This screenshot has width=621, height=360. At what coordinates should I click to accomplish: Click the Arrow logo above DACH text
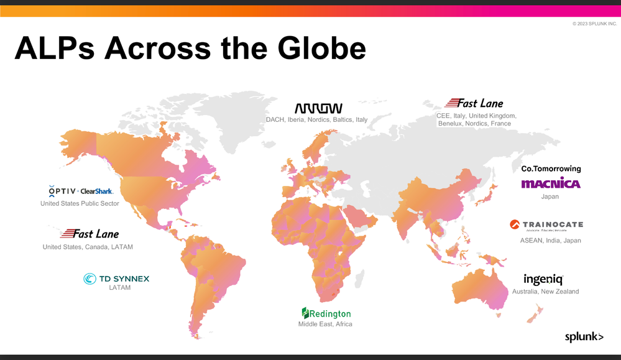pyautogui.click(x=318, y=108)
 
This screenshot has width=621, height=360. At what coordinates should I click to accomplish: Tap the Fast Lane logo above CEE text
pyautogui.click(x=474, y=103)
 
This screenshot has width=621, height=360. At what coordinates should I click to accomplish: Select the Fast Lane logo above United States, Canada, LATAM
pyautogui.click(x=90, y=234)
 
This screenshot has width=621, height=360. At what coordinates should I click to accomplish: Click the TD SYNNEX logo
pyautogui.click(x=116, y=279)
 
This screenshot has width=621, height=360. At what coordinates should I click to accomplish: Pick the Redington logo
pyautogui.click(x=326, y=313)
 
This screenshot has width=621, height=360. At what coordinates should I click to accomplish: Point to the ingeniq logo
pyautogui.click(x=543, y=279)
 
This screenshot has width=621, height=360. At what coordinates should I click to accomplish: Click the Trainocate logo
pyautogui.click(x=546, y=224)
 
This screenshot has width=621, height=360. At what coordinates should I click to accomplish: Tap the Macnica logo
pyautogui.click(x=551, y=183)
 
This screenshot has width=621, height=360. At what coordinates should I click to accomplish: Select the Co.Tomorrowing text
pyautogui.click(x=551, y=168)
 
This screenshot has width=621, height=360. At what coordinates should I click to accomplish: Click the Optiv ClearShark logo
pyautogui.click(x=80, y=191)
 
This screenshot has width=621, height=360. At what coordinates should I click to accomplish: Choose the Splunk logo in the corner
pyautogui.click(x=584, y=336)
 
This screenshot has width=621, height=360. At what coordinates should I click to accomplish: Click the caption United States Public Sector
pyautogui.click(x=80, y=203)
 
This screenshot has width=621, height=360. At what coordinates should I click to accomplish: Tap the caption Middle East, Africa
pyautogui.click(x=325, y=324)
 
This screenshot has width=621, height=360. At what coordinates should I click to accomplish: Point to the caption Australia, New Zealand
pyautogui.click(x=545, y=292)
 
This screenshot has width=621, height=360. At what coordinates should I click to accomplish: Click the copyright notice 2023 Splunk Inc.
pyautogui.click(x=594, y=24)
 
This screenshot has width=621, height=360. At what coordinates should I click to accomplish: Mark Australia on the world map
pyautogui.click(x=482, y=292)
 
